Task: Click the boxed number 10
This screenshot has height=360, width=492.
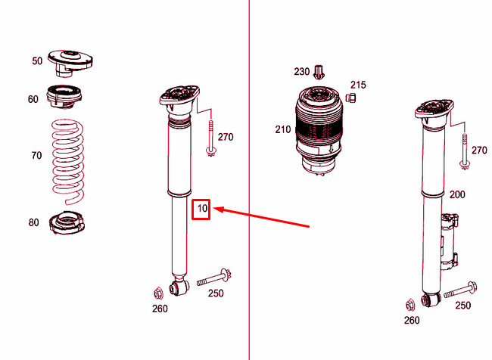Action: coord(201,208)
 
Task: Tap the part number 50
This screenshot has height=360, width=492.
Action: coord(37,61)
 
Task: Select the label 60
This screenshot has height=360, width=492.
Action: coord(33,99)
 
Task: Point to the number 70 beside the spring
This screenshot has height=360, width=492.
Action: coord(36,156)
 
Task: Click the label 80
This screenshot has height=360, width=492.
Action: coord(33,222)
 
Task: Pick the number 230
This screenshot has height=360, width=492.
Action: coord(302,72)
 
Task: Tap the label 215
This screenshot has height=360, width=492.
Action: coord(357,85)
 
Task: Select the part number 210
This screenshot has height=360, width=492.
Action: coord(283,129)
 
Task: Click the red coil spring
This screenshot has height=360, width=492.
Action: coord(69,162)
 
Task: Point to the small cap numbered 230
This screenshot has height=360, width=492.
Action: coord(320,72)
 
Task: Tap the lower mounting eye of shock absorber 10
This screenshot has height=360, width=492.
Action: coord(179,288)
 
